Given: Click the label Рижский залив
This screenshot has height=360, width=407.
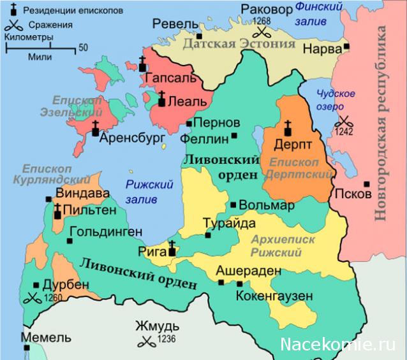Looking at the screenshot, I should (150, 191).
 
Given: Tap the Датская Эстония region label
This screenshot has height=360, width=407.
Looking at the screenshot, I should (239, 44).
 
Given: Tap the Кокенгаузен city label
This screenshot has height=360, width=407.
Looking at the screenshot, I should (274, 296).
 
